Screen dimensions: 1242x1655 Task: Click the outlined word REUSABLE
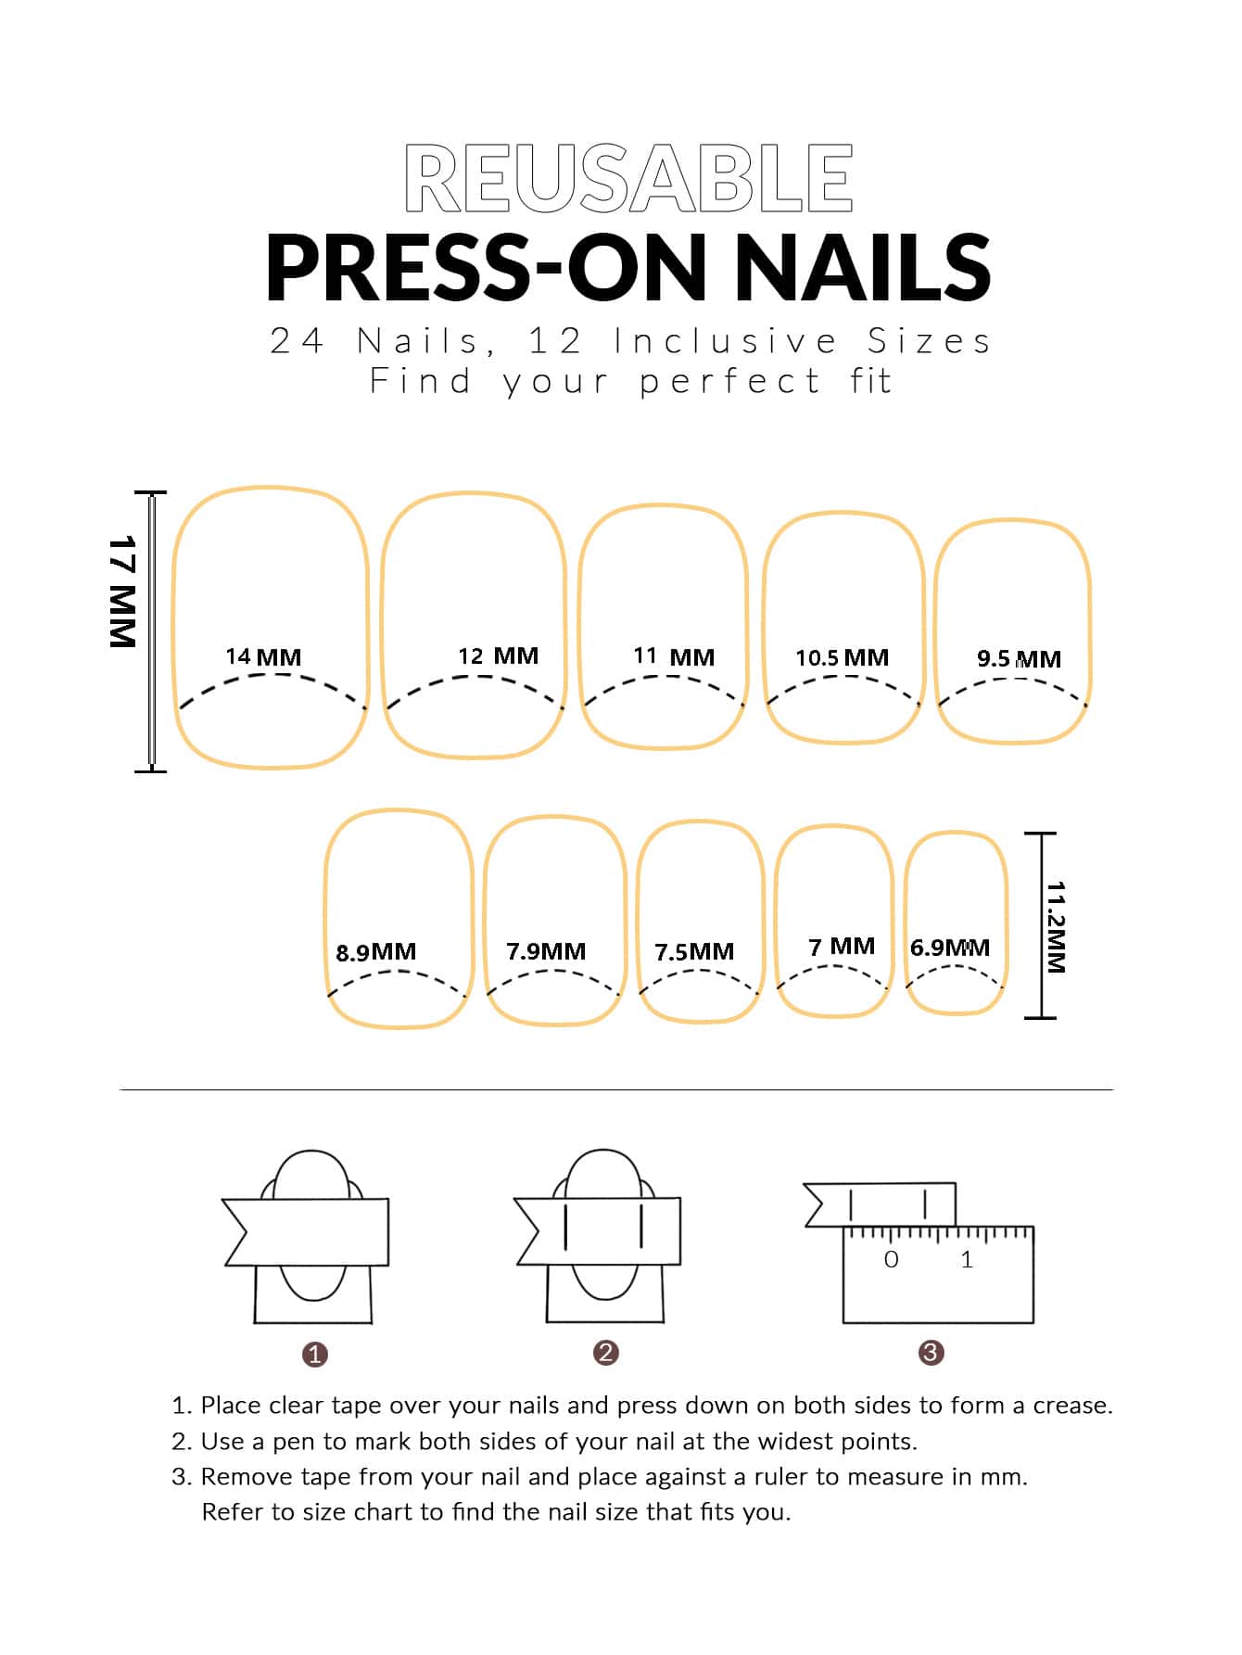(x=628, y=178)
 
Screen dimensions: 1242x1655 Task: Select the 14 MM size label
(x=263, y=656)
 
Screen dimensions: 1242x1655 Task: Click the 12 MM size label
(x=498, y=656)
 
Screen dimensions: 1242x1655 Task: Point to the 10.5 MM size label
(x=842, y=657)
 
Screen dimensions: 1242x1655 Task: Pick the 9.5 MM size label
(x=1019, y=658)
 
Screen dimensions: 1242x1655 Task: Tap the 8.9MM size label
(x=375, y=952)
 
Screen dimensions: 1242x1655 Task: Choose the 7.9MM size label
(x=546, y=951)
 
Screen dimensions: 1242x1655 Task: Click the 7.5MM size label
(x=694, y=952)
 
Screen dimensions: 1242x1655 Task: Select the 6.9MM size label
(x=950, y=948)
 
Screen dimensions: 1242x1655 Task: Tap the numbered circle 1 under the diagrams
(x=315, y=1355)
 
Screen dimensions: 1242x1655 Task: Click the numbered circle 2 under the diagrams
(x=605, y=1353)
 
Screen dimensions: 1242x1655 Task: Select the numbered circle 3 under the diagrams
(x=931, y=1353)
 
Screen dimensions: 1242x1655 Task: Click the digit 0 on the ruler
(x=891, y=1260)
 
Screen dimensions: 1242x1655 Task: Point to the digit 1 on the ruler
(x=967, y=1259)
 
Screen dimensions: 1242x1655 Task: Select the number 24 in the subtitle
(x=297, y=341)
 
